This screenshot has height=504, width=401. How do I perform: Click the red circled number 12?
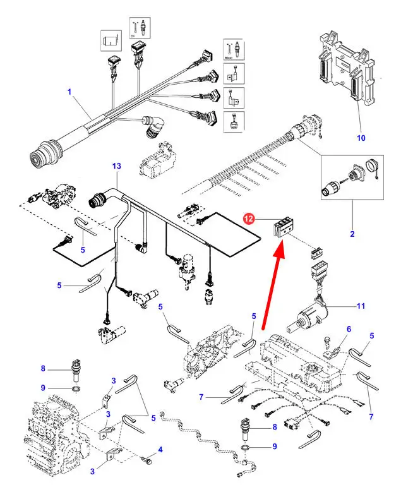(x=249, y=219)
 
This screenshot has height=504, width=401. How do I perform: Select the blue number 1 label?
(x=69, y=92)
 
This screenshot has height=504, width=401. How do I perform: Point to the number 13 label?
(x=116, y=166)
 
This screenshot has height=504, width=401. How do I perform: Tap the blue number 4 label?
(x=160, y=450)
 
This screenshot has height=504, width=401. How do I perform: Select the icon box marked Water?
(x=233, y=50)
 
